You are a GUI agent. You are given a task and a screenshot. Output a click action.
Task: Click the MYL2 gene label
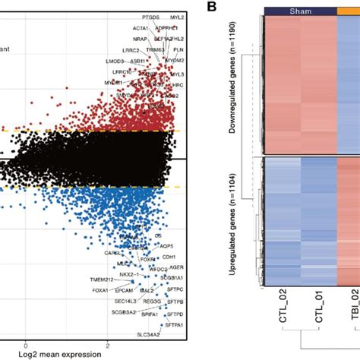pos(176,15)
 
